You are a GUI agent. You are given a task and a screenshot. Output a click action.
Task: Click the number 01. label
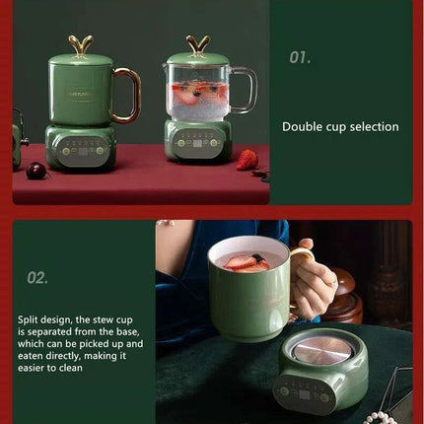(300, 57)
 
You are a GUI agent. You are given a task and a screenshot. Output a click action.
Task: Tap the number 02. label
(37, 278)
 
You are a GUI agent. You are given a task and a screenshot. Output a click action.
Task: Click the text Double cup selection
(340, 126)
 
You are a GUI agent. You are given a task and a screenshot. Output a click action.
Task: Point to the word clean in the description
(83, 368)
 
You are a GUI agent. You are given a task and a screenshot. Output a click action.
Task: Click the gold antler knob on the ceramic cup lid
(81, 44)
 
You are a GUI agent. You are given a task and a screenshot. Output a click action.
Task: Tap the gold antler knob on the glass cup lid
(199, 43)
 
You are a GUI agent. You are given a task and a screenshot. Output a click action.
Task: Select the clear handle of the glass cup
(242, 94)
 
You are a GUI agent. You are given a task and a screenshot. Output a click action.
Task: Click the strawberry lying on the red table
(247, 159)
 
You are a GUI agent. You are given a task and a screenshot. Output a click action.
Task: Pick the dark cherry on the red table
(36, 171)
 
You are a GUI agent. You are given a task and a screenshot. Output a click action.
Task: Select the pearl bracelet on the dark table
(380, 417)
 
